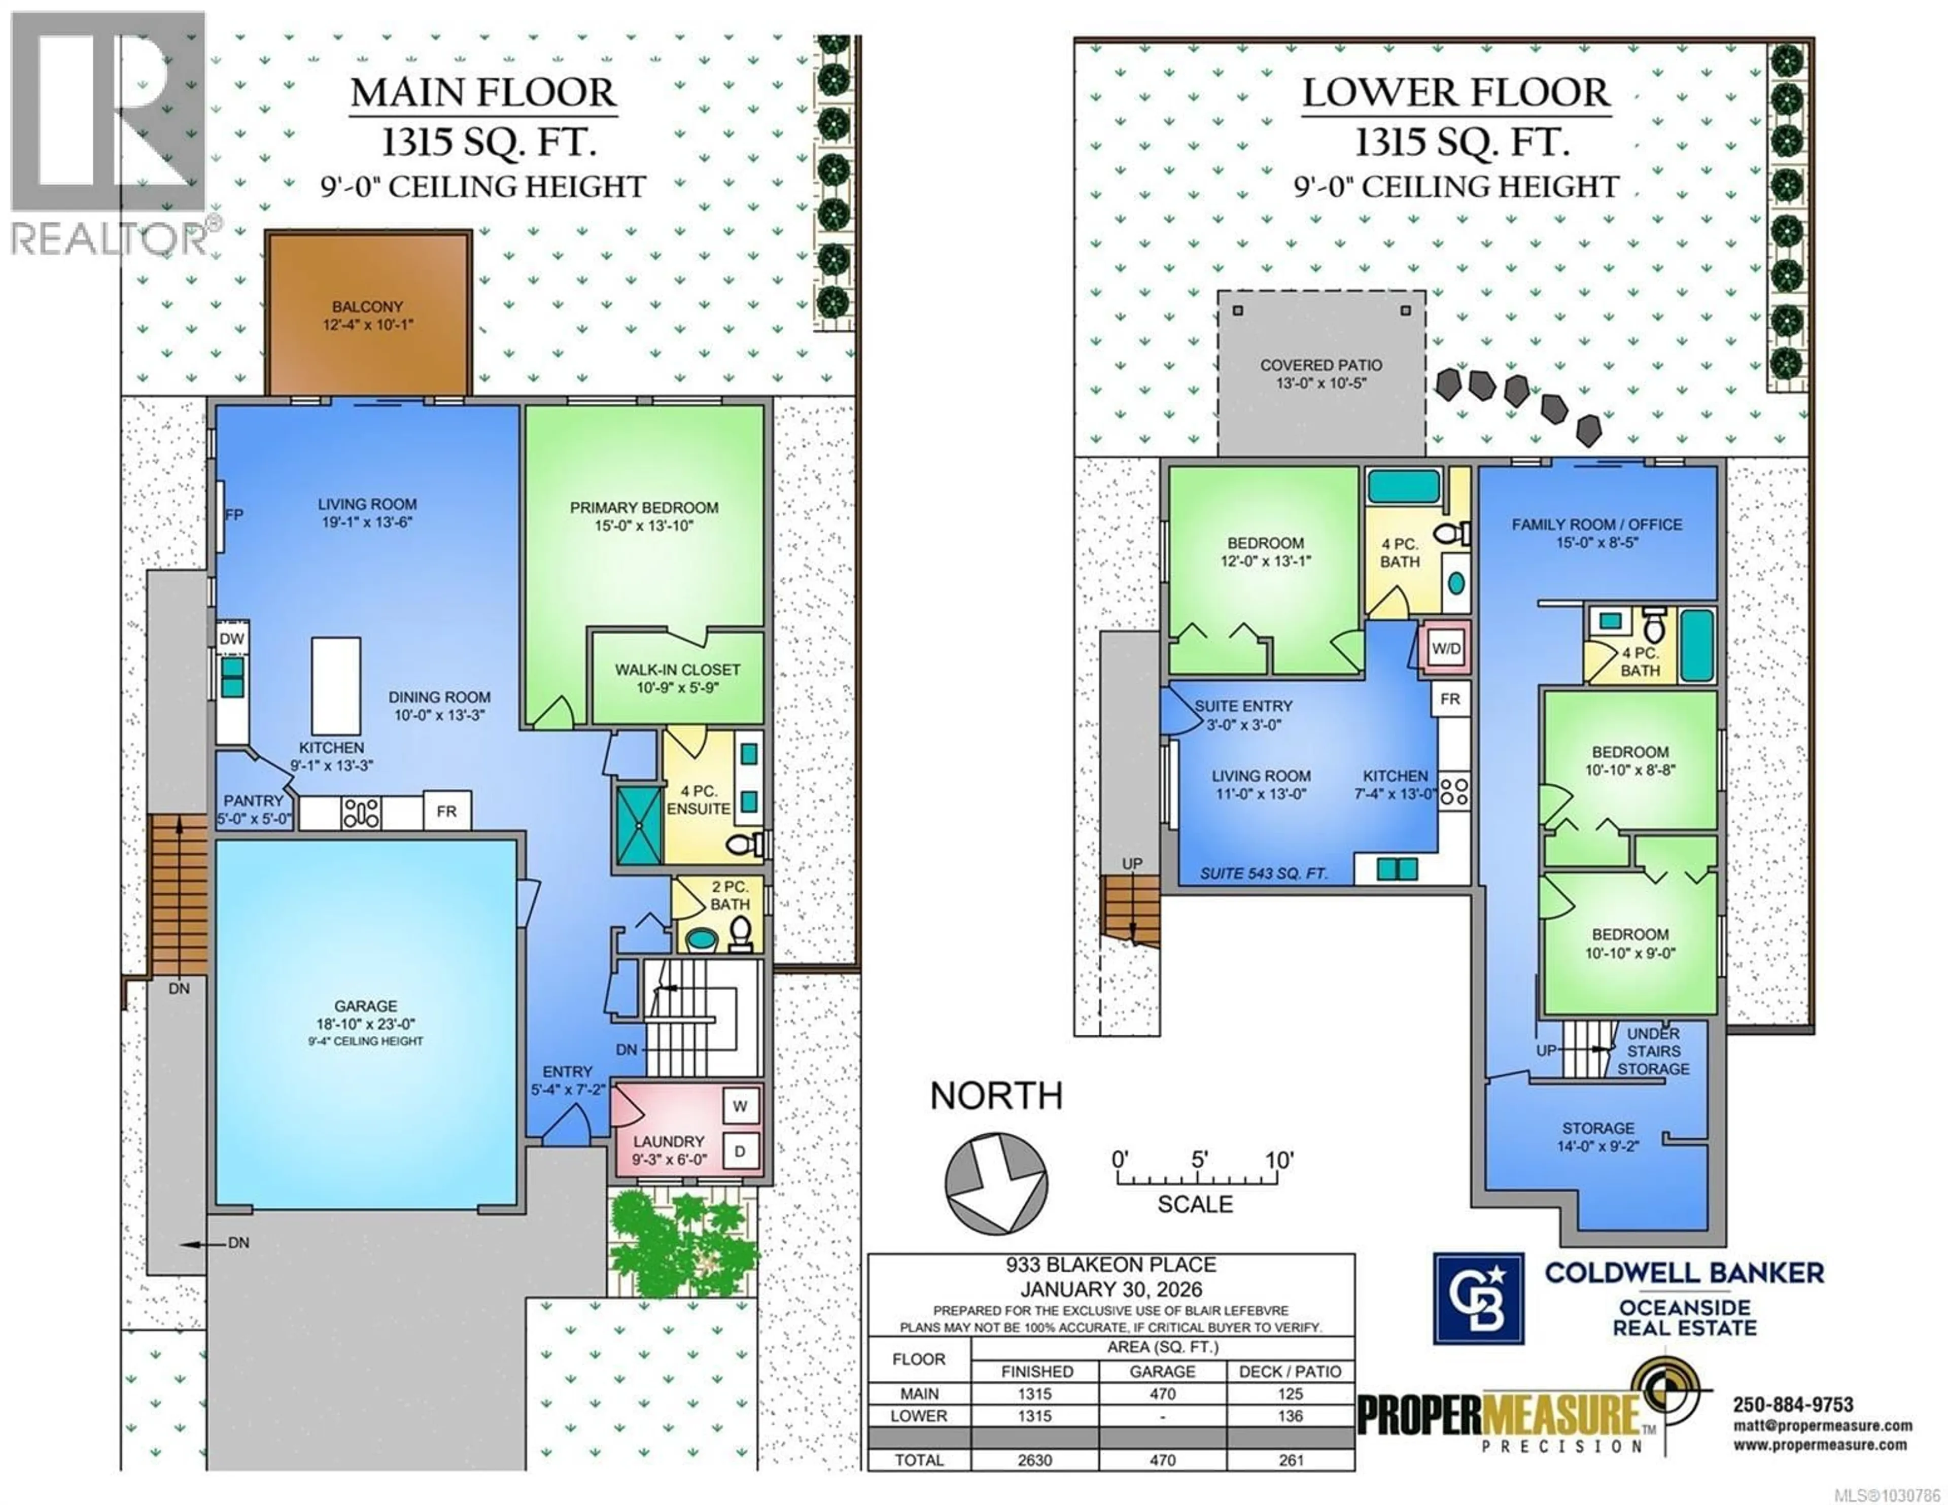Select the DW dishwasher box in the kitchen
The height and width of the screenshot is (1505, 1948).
click(x=232, y=639)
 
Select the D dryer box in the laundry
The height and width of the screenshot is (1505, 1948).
click(x=740, y=1151)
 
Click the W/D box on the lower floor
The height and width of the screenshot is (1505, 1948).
click(x=1446, y=649)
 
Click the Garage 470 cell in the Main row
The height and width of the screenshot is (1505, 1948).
click(x=1162, y=1393)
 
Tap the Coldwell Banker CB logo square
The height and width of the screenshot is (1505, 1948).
click(x=1478, y=1298)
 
